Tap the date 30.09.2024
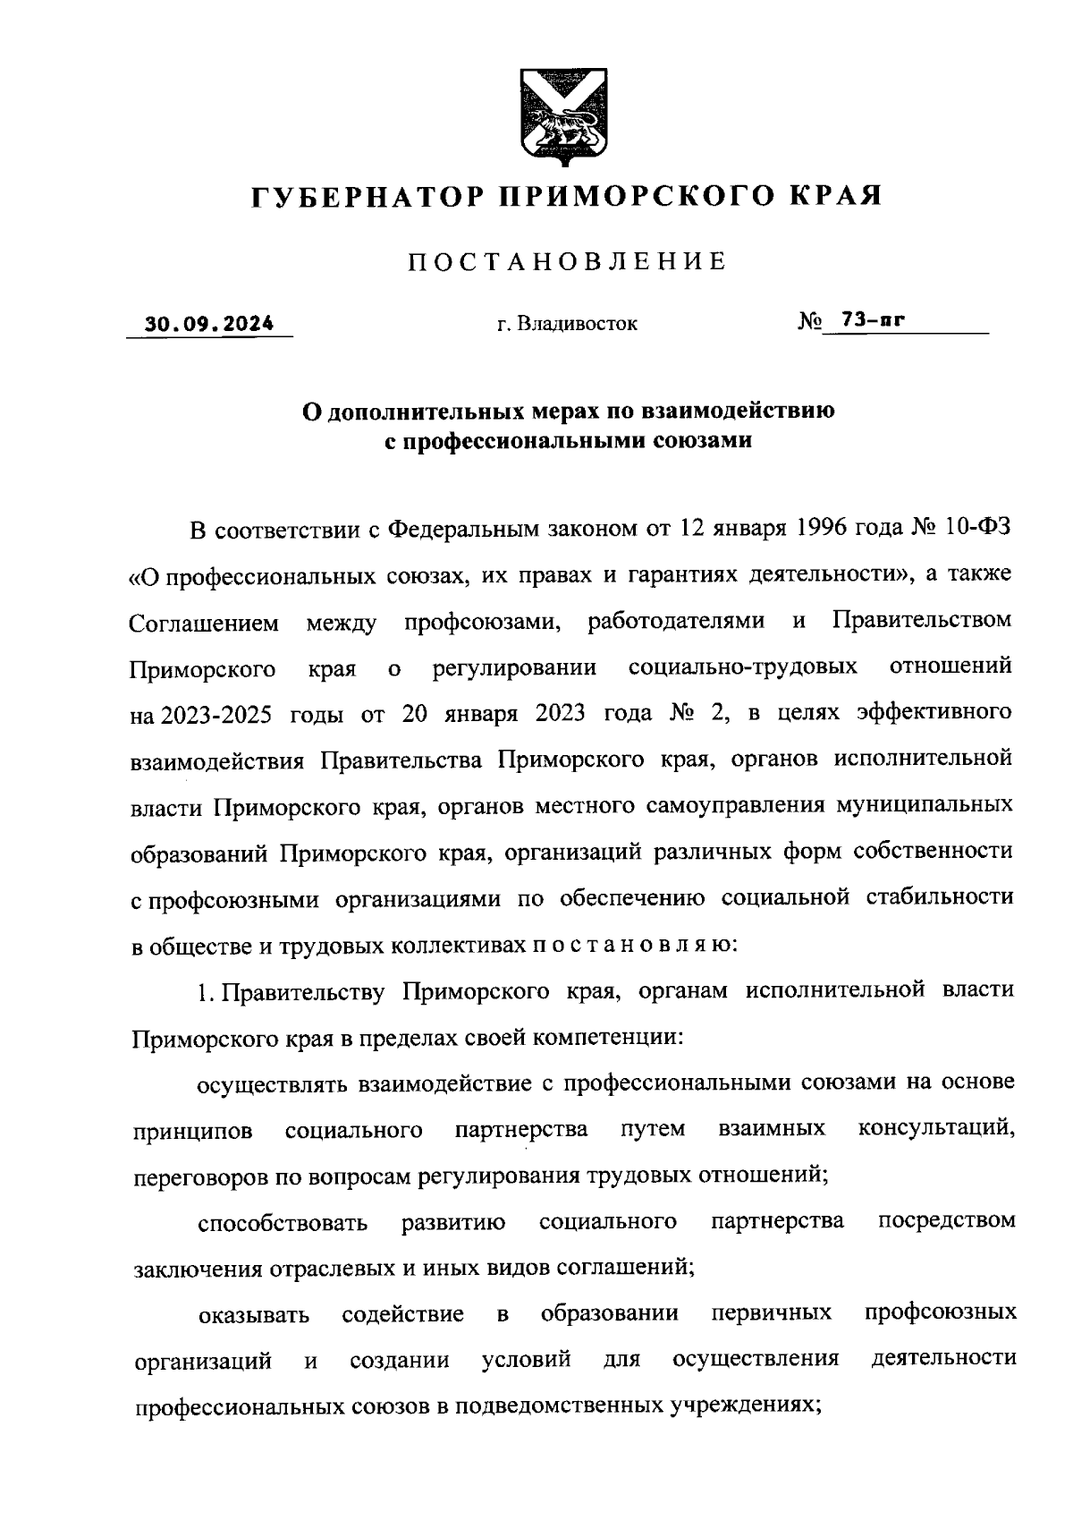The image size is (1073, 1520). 211,324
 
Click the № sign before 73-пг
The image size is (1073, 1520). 808,322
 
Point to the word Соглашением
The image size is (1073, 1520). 204,622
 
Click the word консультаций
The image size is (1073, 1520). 935,1130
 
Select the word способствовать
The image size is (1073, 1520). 283,1223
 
